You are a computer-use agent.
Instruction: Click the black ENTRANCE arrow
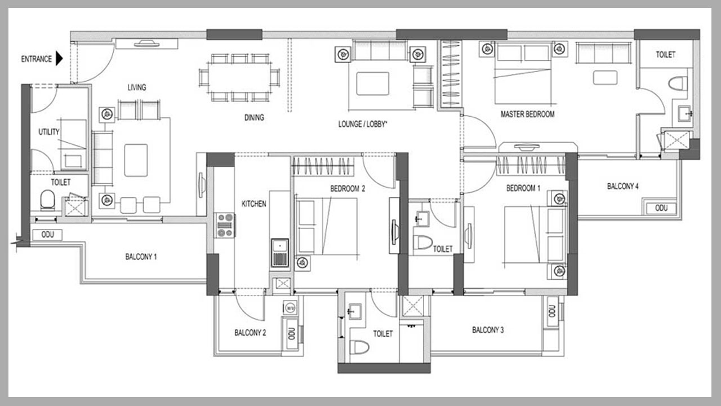(59, 59)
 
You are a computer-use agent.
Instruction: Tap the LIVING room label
(136, 87)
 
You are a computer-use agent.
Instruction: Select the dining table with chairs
(239, 77)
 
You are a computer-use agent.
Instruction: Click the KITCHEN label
(253, 204)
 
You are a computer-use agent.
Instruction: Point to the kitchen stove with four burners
(225, 225)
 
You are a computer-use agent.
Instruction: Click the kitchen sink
(279, 251)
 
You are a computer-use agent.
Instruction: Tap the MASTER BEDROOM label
(527, 114)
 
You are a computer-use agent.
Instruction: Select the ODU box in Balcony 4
(661, 208)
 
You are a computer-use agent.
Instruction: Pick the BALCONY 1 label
(141, 257)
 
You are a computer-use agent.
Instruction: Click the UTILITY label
(48, 131)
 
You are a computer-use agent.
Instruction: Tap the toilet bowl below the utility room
(47, 200)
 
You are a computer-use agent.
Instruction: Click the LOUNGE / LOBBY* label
(362, 124)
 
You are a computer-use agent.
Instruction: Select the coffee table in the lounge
(372, 83)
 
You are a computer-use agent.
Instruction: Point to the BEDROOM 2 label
(348, 189)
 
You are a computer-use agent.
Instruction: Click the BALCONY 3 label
(488, 330)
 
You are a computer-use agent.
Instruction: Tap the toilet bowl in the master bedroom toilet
(678, 84)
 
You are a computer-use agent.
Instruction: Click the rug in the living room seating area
(136, 160)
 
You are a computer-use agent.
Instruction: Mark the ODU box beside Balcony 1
(48, 235)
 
